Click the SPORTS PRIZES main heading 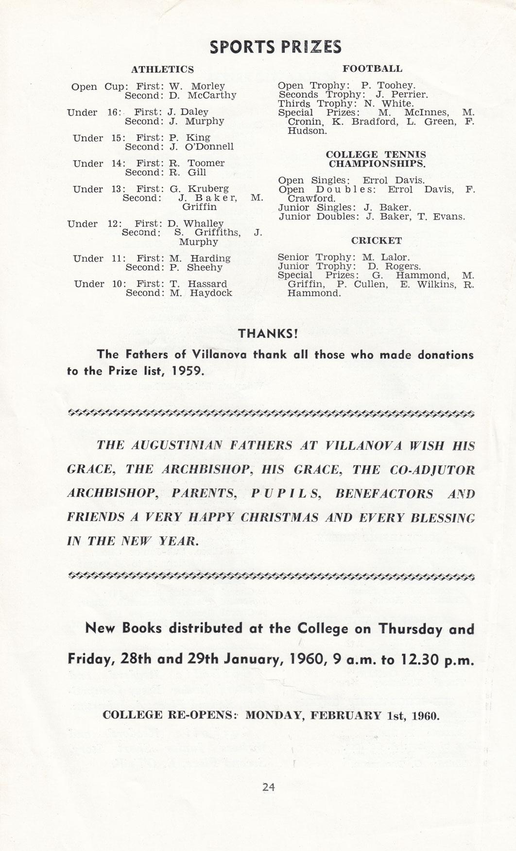tap(275, 47)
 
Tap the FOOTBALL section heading tap(372, 69)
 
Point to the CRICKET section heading tap(377, 241)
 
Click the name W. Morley tap(197, 87)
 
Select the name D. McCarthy tap(203, 95)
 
